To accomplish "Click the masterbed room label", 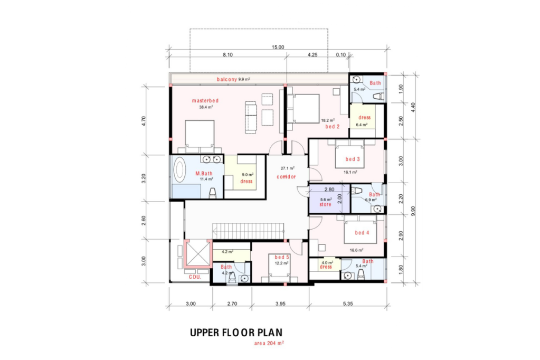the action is point(205,101).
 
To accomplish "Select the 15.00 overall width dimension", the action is point(278,47).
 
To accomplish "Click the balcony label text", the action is point(226,79).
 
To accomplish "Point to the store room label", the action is point(325,205).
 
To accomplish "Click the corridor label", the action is point(286,177).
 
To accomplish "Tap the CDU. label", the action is point(195,277).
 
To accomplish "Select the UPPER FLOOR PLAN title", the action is point(236,333).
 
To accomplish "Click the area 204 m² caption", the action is point(269,343).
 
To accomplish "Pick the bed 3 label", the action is point(353,159).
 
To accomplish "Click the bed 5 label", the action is point(282,258).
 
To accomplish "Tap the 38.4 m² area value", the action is point(206,107).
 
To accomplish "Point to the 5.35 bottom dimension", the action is point(348,304).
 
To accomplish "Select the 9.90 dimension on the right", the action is point(413,211).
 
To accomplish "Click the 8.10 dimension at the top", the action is point(228,55).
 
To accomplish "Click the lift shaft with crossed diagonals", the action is point(197,254).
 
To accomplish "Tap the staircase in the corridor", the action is point(248,231).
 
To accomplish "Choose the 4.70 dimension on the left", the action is point(144,121).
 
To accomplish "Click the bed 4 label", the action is point(362,233).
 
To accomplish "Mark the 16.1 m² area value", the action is point(350,172).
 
